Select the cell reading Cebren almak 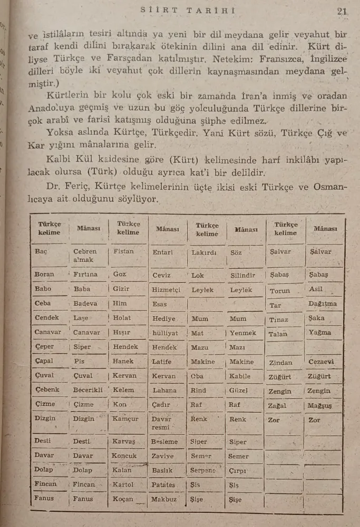pos(85,256)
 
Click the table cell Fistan pos(123,251)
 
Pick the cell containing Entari pos(162,252)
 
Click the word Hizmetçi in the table pos(166,289)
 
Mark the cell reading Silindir pos(242,275)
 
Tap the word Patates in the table pos(163,485)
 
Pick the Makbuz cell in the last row pos(164,499)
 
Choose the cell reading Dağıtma pos(323,304)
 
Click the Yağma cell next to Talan pos(320,333)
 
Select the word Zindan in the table pos(280,363)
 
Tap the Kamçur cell pos(125,419)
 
